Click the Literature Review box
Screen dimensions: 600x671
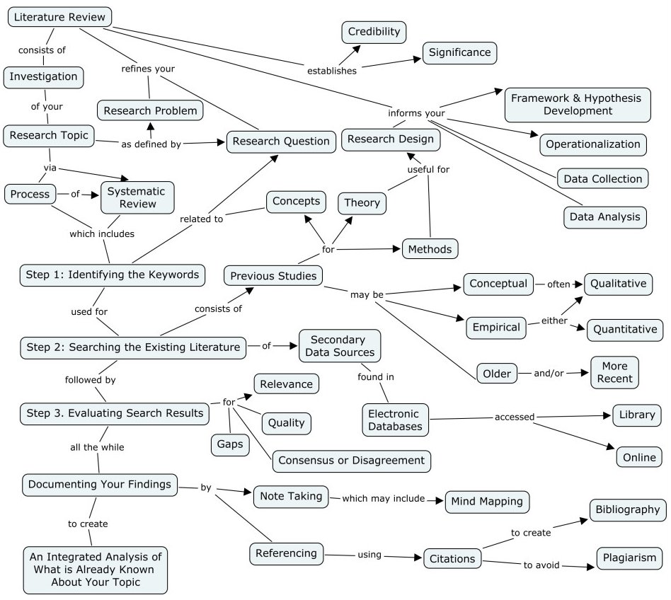60,16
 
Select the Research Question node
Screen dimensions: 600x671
281,141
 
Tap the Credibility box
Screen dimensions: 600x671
374,32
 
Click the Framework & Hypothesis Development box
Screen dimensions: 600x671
575,104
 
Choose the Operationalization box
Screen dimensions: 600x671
593,144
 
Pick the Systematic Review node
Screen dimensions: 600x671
137,197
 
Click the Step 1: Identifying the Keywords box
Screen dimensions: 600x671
113,275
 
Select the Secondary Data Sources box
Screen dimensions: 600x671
339,346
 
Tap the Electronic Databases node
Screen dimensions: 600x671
396,420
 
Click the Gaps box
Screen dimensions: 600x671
230,444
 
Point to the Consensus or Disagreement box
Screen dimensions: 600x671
351,461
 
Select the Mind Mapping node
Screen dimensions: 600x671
487,502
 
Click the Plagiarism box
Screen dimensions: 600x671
630,558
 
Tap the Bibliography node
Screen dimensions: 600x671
627,509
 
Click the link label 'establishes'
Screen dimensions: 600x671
332,71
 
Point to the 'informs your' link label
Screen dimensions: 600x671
416,113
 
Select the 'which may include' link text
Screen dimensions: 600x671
383,499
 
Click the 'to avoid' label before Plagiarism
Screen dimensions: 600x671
541,565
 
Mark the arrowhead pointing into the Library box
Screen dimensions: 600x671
607,415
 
